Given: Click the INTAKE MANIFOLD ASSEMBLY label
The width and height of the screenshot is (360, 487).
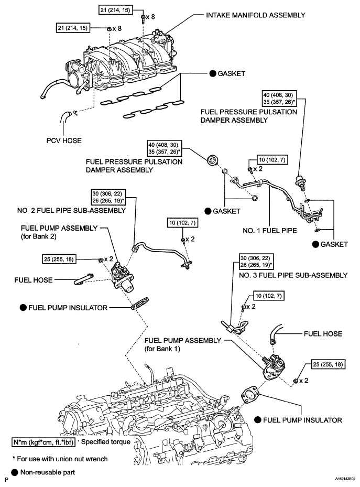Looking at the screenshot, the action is point(256,15).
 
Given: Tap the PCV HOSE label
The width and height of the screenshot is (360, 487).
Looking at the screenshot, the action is point(64,140).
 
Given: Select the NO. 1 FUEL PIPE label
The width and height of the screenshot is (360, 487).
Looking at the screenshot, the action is point(270,231).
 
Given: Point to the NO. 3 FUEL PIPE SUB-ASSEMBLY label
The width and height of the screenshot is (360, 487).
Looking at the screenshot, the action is point(293,275).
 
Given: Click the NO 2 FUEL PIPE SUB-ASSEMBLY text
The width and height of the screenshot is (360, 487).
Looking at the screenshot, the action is point(71,211).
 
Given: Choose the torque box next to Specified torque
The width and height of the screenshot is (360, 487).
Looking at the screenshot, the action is point(43,442).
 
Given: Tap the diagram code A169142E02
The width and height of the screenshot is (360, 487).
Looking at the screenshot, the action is point(345,479).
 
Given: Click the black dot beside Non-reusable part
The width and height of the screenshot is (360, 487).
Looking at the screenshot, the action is point(15,472).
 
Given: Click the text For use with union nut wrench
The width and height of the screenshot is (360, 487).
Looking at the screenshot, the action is point(60,459).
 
